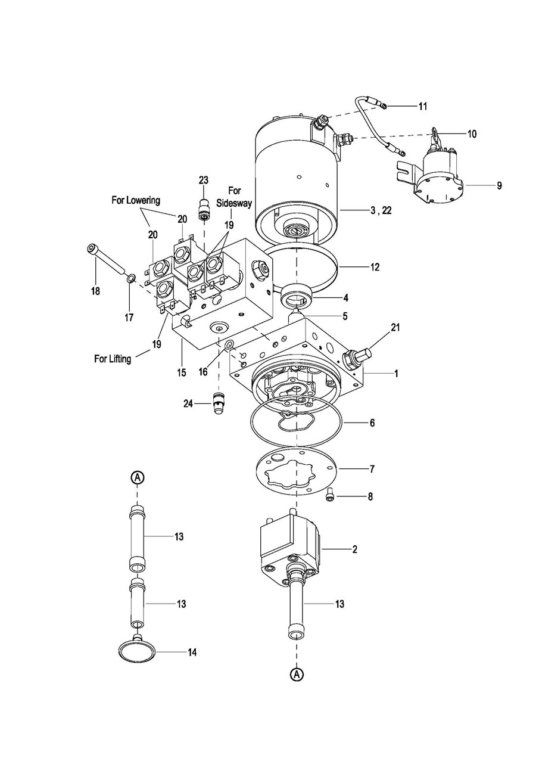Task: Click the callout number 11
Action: pyautogui.click(x=423, y=106)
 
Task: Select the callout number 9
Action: pyautogui.click(x=499, y=185)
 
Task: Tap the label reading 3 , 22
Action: pyautogui.click(x=381, y=210)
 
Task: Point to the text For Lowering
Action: pyautogui.click(x=136, y=200)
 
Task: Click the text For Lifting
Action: pyautogui.click(x=113, y=359)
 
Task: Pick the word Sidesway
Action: pyautogui.click(x=234, y=203)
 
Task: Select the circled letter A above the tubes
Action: pyautogui.click(x=138, y=477)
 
